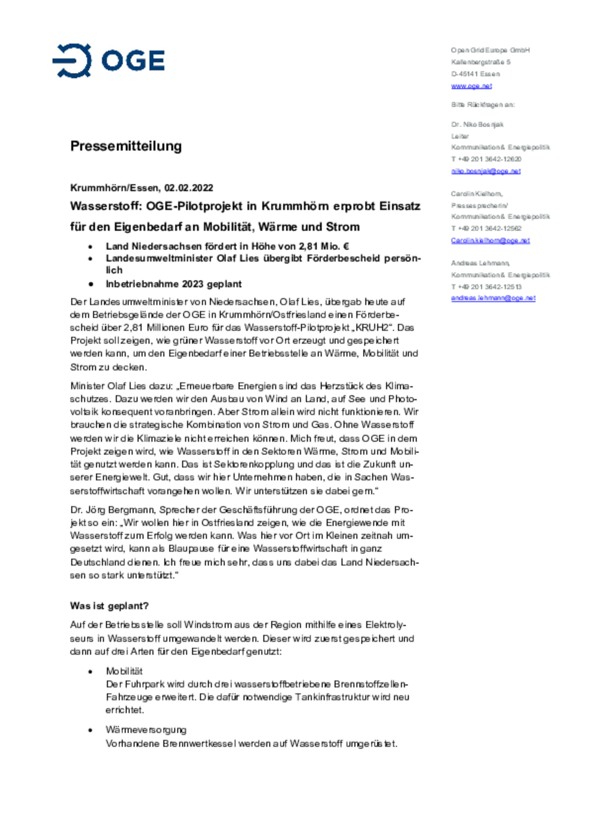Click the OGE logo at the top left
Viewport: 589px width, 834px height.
(108, 61)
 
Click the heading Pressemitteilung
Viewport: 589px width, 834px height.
(126, 146)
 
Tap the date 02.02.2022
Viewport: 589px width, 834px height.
(189, 188)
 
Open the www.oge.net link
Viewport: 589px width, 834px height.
(471, 86)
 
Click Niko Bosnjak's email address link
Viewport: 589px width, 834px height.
(486, 171)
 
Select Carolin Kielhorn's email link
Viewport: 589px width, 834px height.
(490, 240)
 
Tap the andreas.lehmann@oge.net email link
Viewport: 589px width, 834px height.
(493, 298)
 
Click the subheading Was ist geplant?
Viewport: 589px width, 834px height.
(109, 606)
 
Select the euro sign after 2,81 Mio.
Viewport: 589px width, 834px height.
(346, 246)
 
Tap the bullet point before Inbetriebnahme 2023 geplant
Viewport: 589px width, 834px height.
(90, 284)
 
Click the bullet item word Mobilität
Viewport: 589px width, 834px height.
(124, 671)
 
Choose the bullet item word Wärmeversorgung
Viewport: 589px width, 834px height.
(146, 730)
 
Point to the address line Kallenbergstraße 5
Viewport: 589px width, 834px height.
(481, 62)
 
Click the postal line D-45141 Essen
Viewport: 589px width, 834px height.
(475, 74)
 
